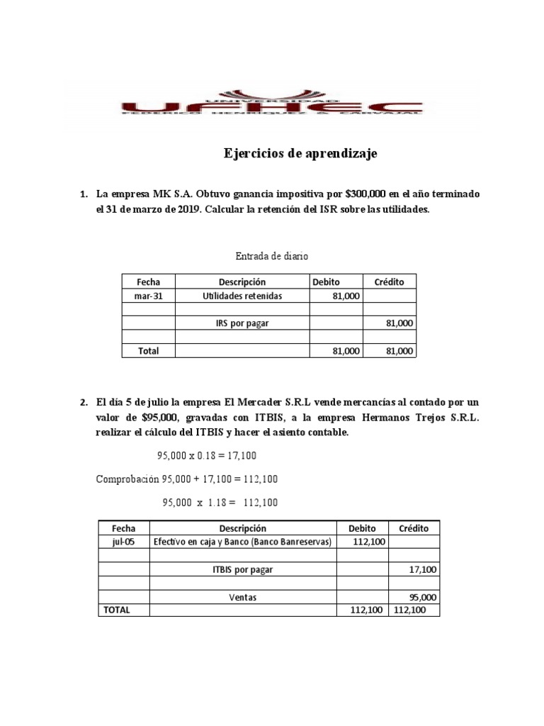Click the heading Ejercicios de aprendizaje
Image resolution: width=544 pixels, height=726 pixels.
(x=300, y=154)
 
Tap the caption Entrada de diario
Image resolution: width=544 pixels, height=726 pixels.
(x=271, y=255)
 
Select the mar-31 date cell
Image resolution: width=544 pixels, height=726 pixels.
(x=148, y=296)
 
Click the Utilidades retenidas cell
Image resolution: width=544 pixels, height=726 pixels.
(x=242, y=296)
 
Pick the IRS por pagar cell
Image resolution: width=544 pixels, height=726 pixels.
(x=242, y=323)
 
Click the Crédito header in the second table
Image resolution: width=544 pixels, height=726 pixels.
(x=414, y=528)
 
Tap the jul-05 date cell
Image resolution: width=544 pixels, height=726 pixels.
(x=123, y=542)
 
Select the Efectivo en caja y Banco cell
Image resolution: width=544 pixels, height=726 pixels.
(x=243, y=542)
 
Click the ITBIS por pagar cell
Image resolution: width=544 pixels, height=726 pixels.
(x=243, y=569)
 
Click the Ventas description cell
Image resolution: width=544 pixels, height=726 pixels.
(x=243, y=597)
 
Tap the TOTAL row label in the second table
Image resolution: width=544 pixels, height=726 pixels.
(x=117, y=610)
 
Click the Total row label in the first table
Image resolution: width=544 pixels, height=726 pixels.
(x=148, y=350)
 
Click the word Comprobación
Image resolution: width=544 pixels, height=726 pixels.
(x=127, y=479)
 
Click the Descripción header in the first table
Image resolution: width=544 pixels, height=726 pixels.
(x=242, y=282)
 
